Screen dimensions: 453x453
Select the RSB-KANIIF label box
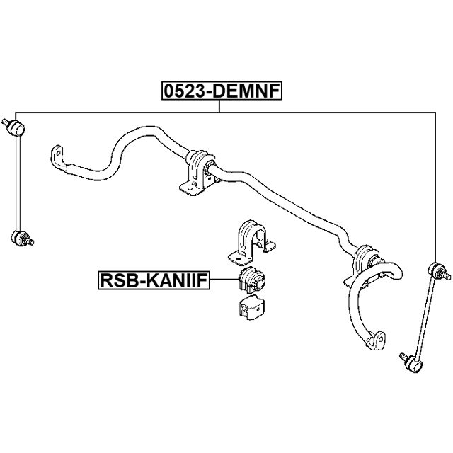click(161, 282)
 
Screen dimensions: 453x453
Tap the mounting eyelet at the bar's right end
click(376, 341)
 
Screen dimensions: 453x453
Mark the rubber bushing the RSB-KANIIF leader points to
click(251, 281)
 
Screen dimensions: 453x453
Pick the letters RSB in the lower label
click(116, 282)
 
